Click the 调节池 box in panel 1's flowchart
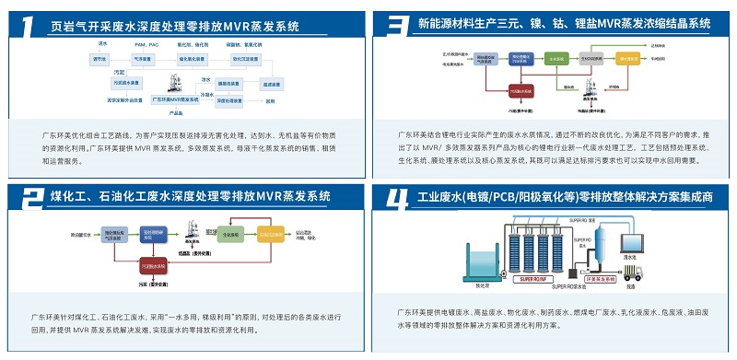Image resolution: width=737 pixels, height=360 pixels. tap(99, 60)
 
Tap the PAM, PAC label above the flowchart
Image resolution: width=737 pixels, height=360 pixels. tap(146, 43)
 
